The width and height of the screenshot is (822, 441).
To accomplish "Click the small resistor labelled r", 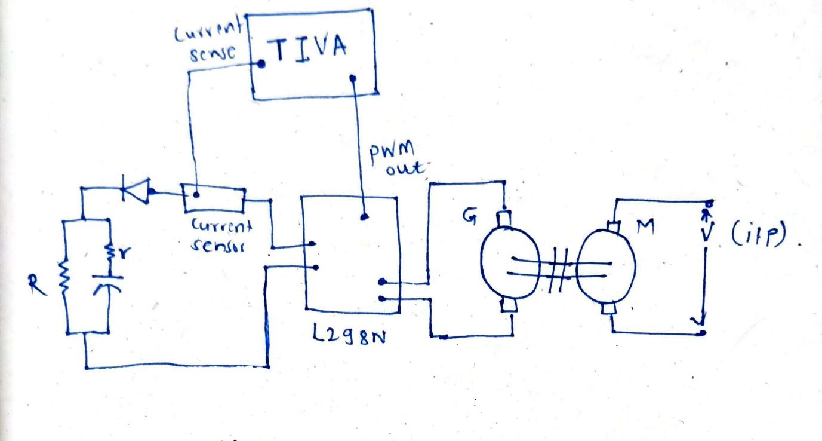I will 111,253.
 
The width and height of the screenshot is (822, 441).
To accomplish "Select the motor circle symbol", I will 607,264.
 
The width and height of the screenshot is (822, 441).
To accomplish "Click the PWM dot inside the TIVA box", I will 353,78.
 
